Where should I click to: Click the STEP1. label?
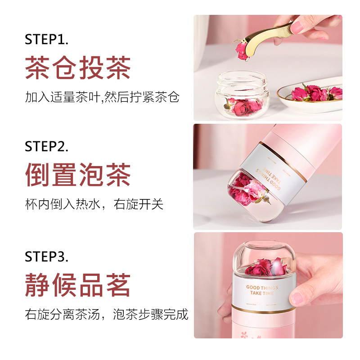coord(46,39)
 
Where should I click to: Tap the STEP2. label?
coord(46,146)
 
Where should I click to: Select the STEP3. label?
coord(46,256)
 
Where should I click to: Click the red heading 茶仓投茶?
coord(78,68)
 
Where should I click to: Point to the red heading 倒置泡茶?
coord(78,175)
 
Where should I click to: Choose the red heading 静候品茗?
coord(78,285)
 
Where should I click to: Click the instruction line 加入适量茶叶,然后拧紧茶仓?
coord(102,97)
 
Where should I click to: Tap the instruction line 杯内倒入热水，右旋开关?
coord(94,204)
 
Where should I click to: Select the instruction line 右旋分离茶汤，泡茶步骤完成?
coord(107,314)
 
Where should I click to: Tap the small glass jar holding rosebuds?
coord(242,94)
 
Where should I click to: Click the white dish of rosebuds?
coord(310,96)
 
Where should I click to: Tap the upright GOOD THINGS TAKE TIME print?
coord(262,290)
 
